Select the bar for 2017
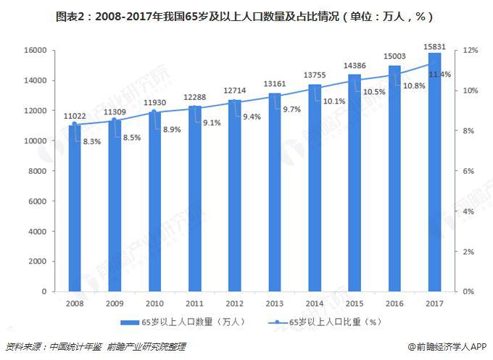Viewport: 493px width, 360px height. [x=434, y=174]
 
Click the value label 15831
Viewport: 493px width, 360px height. [x=434, y=46]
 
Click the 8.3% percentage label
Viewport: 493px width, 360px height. [x=92, y=142]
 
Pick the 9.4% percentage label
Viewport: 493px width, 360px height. [x=252, y=117]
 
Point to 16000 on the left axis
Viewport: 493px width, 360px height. [x=35, y=50]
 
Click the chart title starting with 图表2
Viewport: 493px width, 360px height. [x=246, y=15]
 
